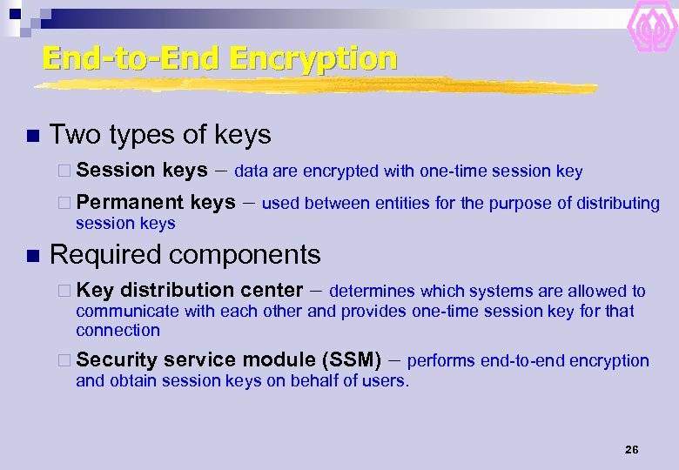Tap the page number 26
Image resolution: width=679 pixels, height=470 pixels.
coord(632,450)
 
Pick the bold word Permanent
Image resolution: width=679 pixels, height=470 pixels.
coord(130,203)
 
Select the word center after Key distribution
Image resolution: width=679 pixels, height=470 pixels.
coord(271,291)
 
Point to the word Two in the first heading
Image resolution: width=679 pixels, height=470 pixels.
coord(70,135)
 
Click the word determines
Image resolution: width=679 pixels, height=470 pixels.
coord(372,292)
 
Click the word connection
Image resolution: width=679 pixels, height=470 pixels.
coord(118,331)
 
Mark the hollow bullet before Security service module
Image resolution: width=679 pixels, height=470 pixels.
coord(66,360)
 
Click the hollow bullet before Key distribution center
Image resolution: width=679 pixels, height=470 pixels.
coord(66,291)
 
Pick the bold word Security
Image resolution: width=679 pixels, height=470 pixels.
coord(116,360)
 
